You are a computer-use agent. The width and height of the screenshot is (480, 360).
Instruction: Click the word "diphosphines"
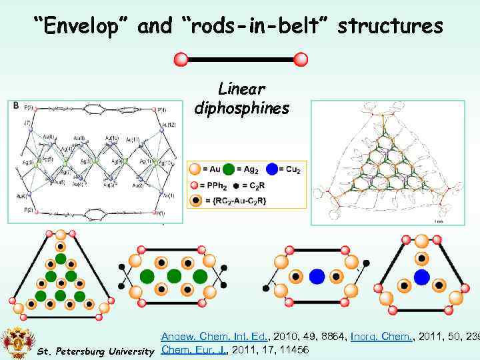click(x=241, y=107)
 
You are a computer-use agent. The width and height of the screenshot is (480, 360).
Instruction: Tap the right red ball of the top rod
click(x=301, y=59)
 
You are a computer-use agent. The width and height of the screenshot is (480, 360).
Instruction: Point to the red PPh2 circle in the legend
click(x=193, y=185)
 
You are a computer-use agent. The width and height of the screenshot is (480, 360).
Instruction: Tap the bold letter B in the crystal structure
click(x=15, y=105)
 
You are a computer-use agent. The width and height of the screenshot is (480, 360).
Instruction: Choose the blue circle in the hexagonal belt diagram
click(x=317, y=276)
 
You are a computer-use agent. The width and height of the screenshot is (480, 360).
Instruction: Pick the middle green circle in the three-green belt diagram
click(x=174, y=276)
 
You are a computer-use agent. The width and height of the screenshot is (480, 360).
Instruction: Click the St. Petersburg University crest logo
click(x=17, y=341)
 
